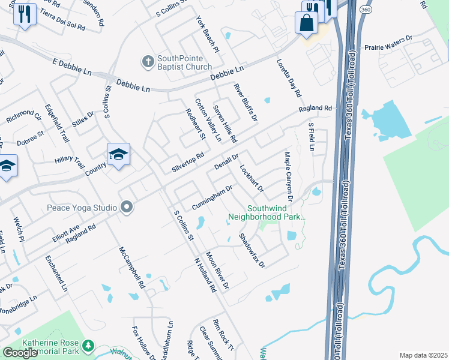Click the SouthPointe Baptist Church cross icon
click(x=148, y=61)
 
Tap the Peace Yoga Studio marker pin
click(x=126, y=208)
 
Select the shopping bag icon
click(x=306, y=23)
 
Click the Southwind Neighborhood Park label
click(x=267, y=212)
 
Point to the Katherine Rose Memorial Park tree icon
click(x=88, y=346)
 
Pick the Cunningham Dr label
click(x=212, y=197)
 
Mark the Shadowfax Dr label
click(x=252, y=250)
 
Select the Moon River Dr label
click(x=217, y=270)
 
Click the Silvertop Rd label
click(x=188, y=161)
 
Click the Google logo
click(x=20, y=353)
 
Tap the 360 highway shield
click(x=366, y=10)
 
